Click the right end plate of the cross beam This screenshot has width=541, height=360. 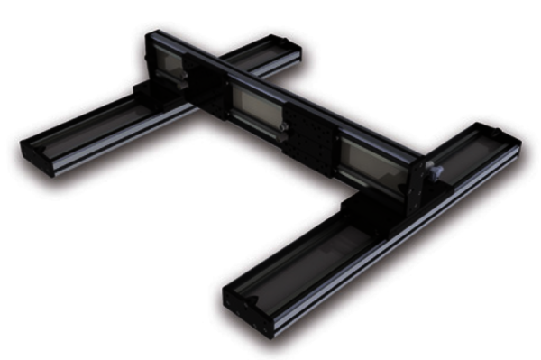coord(416,186)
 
